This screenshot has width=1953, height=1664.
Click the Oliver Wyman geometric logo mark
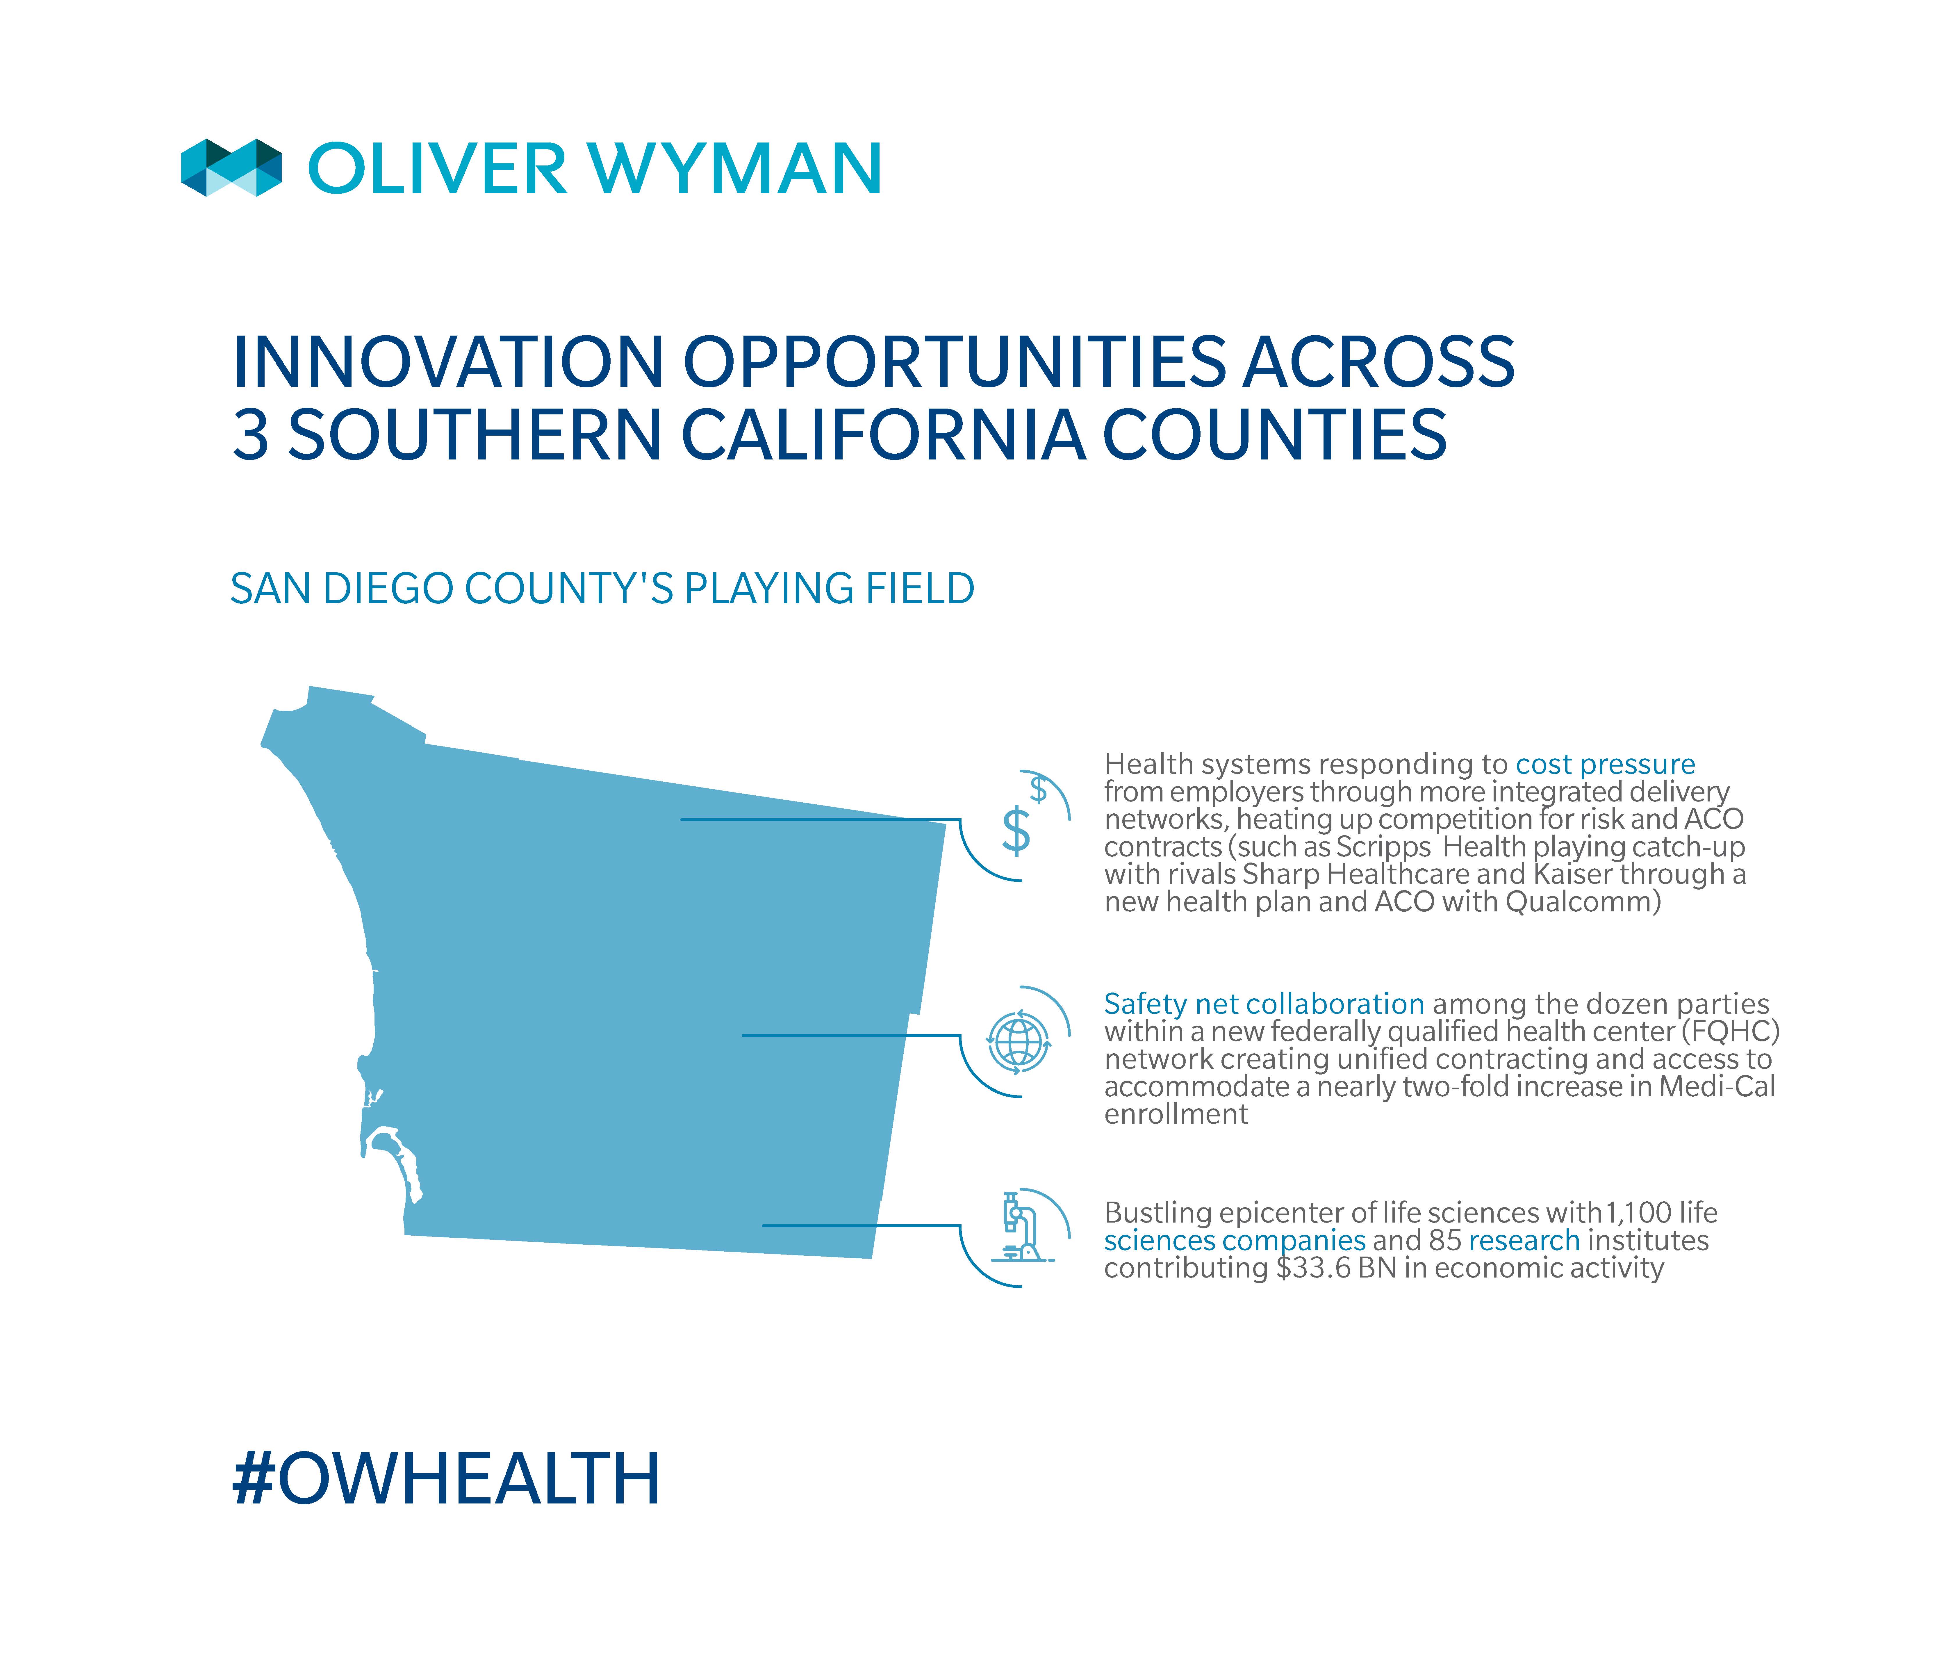click(x=231, y=168)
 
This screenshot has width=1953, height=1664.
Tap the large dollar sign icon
click(x=1015, y=831)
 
